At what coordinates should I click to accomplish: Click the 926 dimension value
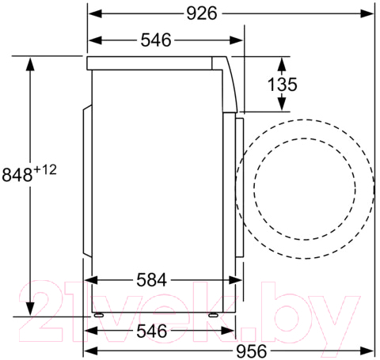pos(202,13)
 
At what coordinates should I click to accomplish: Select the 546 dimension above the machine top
pos(156,40)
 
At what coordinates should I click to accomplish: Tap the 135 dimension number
pos(283,85)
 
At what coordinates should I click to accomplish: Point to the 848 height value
pos(17,175)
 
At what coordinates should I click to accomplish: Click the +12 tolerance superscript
pos(45,170)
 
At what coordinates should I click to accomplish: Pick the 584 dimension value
pos(152,280)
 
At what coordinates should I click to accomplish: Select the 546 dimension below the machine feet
pos(152,331)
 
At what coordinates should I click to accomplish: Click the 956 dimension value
pos(252,351)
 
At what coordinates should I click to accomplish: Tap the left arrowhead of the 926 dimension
pos(95,13)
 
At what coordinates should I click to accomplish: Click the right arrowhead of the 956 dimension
pos(367,351)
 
